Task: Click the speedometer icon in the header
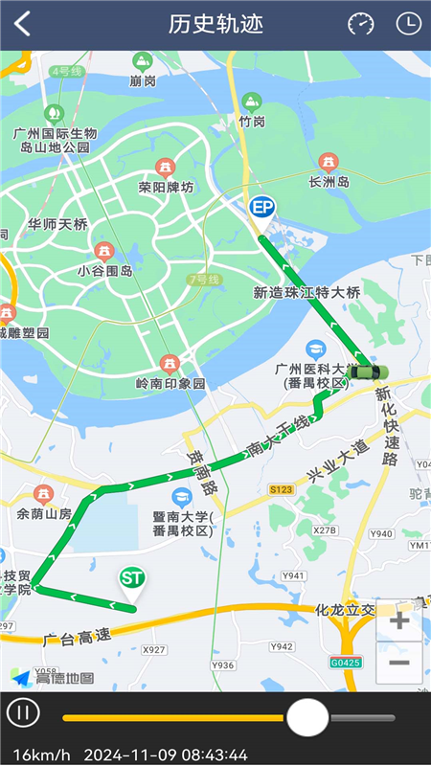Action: pos(361,24)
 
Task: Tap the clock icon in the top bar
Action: pos(409,24)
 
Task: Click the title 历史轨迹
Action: pos(215,24)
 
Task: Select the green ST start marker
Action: pos(131,580)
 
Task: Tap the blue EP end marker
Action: pos(261,208)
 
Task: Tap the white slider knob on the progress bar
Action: pos(307,716)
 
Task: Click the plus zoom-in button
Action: pos(399,620)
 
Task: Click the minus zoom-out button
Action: pos(399,663)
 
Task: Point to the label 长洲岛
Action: pos(329,182)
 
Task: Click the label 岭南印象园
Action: pos(170,383)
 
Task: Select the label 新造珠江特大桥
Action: pos(306,292)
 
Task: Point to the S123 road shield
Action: pos(281,489)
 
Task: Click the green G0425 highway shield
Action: pos(345,662)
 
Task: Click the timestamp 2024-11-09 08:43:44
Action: pos(166,755)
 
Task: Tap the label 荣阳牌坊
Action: pos(166,187)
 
